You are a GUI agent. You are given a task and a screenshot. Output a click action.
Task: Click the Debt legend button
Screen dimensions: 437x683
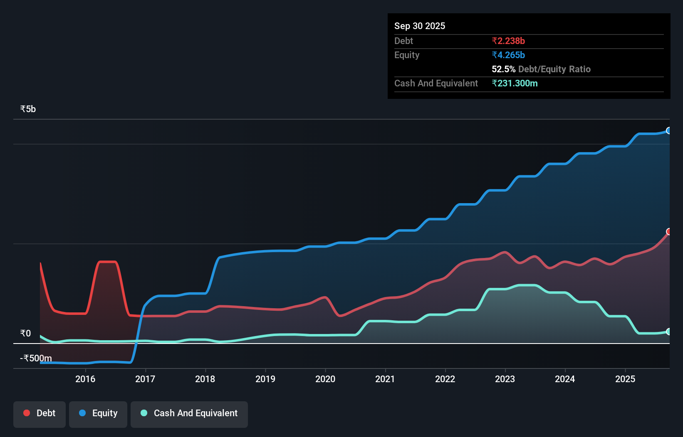pos(39,414)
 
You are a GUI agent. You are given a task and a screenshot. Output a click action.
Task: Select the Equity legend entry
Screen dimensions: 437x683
pos(98,414)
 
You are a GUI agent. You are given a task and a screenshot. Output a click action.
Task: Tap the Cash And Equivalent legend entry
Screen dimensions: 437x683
pos(189,414)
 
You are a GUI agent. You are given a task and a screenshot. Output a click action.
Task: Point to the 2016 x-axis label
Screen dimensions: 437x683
pos(85,379)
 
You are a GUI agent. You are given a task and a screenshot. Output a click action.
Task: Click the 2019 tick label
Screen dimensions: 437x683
pos(265,379)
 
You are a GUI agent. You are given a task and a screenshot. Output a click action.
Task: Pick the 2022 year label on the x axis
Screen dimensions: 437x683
pos(445,379)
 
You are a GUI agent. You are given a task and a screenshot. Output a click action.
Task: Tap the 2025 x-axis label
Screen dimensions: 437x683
pos(625,379)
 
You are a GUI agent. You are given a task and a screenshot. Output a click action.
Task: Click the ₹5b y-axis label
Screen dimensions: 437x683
pos(28,109)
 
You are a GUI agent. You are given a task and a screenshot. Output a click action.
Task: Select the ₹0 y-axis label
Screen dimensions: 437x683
pos(25,333)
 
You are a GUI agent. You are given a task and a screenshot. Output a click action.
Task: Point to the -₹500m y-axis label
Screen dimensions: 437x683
pos(36,358)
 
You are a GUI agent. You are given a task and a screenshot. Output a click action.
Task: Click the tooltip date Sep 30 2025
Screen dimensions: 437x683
pos(420,26)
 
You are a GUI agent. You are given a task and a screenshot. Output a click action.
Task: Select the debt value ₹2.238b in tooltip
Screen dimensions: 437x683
pos(508,41)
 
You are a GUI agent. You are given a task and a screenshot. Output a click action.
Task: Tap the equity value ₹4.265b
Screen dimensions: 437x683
pos(508,55)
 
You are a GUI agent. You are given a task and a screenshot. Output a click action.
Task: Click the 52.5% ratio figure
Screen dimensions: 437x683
pos(503,69)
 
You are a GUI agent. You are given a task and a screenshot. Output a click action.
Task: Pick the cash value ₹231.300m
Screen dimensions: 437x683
pos(515,83)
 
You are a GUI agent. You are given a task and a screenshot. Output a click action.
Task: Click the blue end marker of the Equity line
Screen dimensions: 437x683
pos(668,130)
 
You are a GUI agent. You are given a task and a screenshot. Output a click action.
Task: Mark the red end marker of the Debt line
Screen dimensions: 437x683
pos(668,231)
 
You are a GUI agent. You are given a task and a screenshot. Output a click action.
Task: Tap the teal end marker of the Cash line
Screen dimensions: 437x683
pos(668,331)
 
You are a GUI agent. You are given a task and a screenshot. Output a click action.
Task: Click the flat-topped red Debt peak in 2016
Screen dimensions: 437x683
pos(107,262)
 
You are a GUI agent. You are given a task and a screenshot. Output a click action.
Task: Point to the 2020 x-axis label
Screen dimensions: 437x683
pos(325,379)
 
